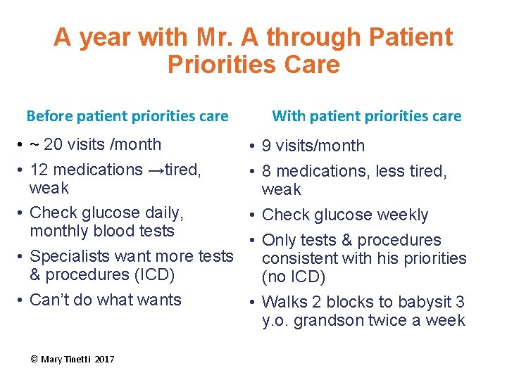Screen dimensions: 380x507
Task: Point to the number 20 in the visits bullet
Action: [53, 144]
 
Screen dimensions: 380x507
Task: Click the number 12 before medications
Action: [39, 170]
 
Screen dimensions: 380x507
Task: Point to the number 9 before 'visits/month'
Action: [267, 146]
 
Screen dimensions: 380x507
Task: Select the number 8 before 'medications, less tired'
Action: [267, 172]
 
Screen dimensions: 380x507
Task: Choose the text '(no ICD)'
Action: [294, 277]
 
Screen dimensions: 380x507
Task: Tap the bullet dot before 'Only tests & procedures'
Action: [250, 241]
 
